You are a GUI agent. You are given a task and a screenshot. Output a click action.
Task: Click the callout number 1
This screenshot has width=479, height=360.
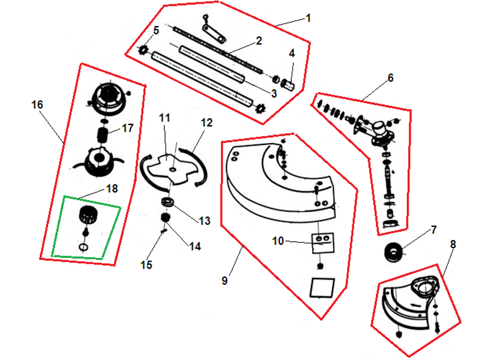coord(308,18)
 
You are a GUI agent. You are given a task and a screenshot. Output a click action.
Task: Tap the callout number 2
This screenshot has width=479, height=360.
coord(258,41)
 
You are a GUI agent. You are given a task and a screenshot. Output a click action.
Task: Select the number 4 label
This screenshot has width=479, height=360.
coord(292,53)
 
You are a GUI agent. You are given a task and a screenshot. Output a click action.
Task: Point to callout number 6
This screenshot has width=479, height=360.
coord(391,78)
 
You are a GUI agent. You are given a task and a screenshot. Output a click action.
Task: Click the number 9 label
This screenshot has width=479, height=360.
coord(225,281)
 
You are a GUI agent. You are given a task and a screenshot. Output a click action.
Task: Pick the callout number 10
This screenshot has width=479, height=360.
coord(278,241)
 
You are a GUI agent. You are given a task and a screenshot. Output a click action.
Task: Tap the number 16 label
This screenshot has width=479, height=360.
coord(37,105)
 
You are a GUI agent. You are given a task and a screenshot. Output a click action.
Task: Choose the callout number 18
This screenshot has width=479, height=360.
coord(112,188)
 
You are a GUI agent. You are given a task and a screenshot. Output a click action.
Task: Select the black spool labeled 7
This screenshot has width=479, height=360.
coord(393,253)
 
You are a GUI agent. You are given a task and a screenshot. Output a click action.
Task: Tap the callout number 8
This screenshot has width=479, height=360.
coord(453,244)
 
